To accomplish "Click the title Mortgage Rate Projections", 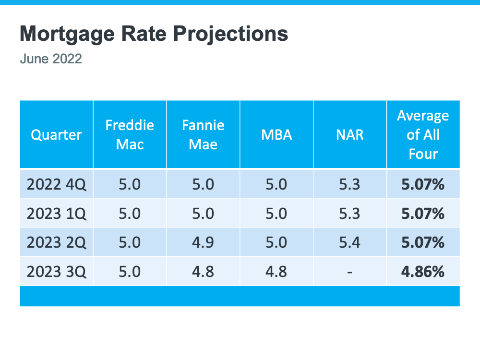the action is pyautogui.click(x=154, y=34).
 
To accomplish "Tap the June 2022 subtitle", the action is pyautogui.click(x=51, y=59).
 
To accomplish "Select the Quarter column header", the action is pyautogui.click(x=56, y=135).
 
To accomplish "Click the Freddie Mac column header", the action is pyautogui.click(x=130, y=135).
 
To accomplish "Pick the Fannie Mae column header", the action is pyautogui.click(x=203, y=135).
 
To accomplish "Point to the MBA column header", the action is pyautogui.click(x=276, y=135).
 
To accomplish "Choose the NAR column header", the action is pyautogui.click(x=350, y=135).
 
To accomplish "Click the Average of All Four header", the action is pyautogui.click(x=423, y=135).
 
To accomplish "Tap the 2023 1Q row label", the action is pyautogui.click(x=57, y=214).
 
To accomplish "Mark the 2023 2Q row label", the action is pyautogui.click(x=57, y=243).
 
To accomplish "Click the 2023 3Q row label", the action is pyautogui.click(x=57, y=272).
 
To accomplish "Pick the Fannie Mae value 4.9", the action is pyautogui.click(x=203, y=242).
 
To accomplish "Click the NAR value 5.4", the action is pyautogui.click(x=349, y=242).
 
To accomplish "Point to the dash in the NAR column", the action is pyautogui.click(x=349, y=272).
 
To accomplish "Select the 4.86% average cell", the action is pyautogui.click(x=423, y=272).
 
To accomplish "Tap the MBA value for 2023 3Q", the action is pyautogui.click(x=276, y=272).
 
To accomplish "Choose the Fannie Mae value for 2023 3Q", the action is pyautogui.click(x=203, y=272).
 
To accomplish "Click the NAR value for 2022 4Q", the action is pyautogui.click(x=349, y=184).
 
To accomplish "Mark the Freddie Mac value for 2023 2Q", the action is pyautogui.click(x=130, y=242).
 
